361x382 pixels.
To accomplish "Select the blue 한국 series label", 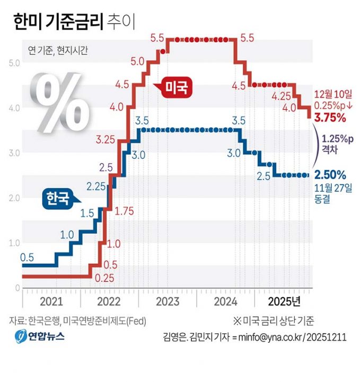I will point(56,198).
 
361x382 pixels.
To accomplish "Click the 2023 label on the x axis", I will point(167,301).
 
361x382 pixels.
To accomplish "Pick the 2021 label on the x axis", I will point(51,301).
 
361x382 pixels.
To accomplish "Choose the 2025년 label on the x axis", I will point(284,301).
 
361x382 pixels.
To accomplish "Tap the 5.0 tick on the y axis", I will point(14,63).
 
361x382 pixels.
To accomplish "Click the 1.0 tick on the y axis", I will point(14,243).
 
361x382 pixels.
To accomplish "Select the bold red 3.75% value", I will point(330,117).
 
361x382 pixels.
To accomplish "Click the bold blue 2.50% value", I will point(330,174).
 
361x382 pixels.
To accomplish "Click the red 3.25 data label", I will point(107,140).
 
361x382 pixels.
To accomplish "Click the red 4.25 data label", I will point(281,96).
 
